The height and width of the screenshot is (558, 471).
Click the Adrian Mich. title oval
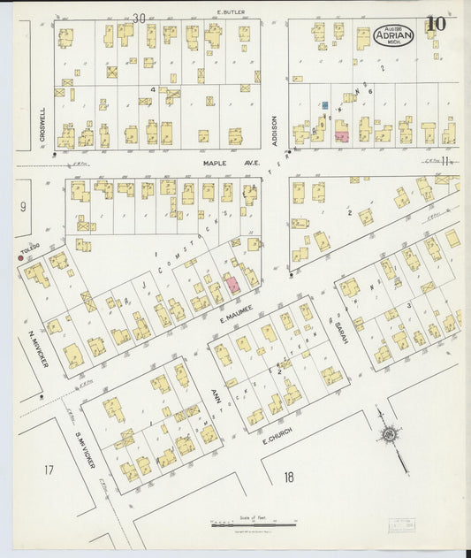pos(393,35)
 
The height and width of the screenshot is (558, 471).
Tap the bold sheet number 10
pos(436,24)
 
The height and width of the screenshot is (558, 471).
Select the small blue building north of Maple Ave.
pos(325,105)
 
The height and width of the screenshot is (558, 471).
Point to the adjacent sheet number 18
pos(288,478)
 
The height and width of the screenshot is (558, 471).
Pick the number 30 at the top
pos(139,18)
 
